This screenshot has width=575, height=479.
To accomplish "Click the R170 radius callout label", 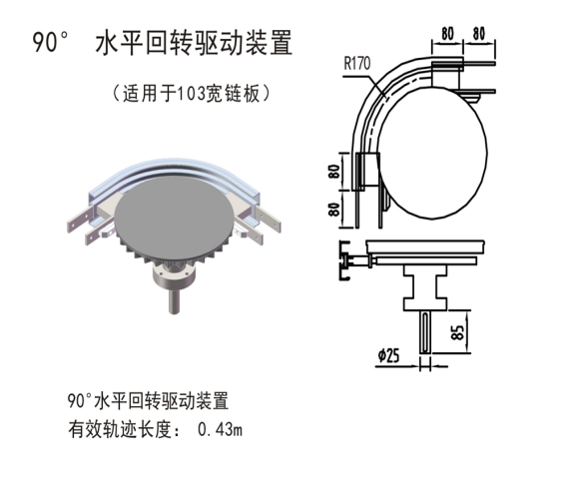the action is (x=357, y=64).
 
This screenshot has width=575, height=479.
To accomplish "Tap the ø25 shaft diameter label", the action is (x=388, y=355).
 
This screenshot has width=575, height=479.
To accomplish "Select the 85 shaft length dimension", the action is (x=458, y=332).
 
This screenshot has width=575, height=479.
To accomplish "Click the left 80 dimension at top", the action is (x=447, y=34).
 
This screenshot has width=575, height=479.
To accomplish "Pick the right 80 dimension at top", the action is (x=478, y=34).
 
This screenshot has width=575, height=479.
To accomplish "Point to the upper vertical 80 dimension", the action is (x=334, y=172).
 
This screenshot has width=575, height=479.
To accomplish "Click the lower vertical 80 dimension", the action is (x=334, y=209).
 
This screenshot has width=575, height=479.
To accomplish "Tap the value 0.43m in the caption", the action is (x=220, y=429).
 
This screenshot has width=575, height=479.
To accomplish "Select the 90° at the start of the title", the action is (x=51, y=42).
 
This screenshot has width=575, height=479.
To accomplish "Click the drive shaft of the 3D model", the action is (x=174, y=299).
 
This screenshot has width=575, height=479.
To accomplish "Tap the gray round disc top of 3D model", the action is (x=174, y=214).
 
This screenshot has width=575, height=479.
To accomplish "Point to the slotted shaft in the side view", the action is (x=425, y=332).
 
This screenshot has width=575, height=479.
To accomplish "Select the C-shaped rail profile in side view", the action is (x=344, y=260).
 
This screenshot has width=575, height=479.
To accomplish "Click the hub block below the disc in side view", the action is (x=425, y=287).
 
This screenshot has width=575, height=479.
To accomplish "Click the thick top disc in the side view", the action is (x=425, y=247).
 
